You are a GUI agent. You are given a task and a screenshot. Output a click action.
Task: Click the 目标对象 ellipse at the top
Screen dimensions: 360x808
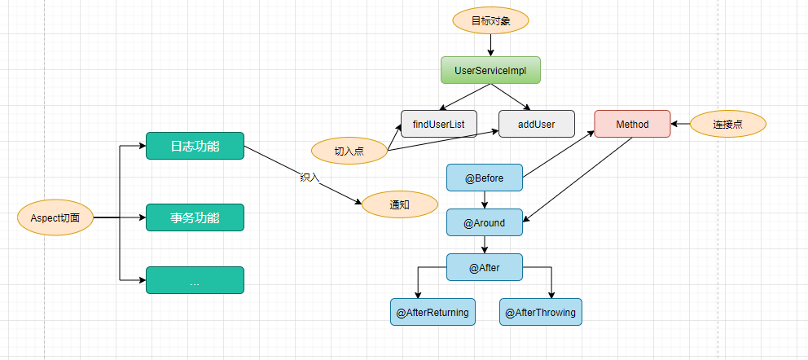point(490,20)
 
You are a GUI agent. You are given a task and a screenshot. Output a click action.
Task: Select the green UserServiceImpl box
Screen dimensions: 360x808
point(490,70)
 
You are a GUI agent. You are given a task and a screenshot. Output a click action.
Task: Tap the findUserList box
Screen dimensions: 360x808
point(438,124)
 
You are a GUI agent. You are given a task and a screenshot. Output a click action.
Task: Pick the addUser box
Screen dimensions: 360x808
point(537,124)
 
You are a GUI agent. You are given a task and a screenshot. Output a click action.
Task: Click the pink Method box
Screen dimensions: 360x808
point(632,124)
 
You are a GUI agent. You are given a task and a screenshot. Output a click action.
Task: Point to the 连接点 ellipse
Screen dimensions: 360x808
point(727,124)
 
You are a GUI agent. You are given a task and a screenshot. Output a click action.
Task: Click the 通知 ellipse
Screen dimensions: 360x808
point(399,204)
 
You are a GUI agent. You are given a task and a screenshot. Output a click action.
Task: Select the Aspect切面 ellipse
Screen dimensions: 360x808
point(55,218)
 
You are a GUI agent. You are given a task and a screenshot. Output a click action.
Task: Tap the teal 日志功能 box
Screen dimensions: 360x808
point(195,146)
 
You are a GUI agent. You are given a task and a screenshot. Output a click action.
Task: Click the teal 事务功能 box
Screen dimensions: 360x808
point(195,217)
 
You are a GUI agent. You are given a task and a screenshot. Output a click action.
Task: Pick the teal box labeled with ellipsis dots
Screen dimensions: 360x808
point(195,280)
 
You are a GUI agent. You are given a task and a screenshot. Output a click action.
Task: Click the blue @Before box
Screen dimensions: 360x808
point(485,178)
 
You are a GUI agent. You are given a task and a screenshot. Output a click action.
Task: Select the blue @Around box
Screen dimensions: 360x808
point(485,222)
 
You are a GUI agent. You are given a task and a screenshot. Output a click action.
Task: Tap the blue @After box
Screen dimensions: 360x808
point(485,267)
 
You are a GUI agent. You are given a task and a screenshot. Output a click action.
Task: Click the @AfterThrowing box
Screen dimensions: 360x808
point(540,312)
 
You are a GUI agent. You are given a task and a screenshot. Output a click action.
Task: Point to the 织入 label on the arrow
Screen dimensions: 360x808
point(310,177)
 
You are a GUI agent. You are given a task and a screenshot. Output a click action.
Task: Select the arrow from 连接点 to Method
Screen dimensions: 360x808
point(681,125)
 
